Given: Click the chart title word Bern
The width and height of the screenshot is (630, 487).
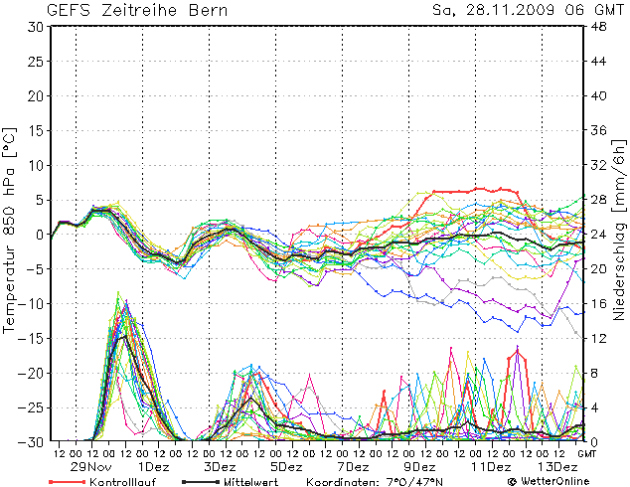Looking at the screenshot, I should coord(205,10).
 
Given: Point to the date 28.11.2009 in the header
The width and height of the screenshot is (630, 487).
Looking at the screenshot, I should coord(508,10).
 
